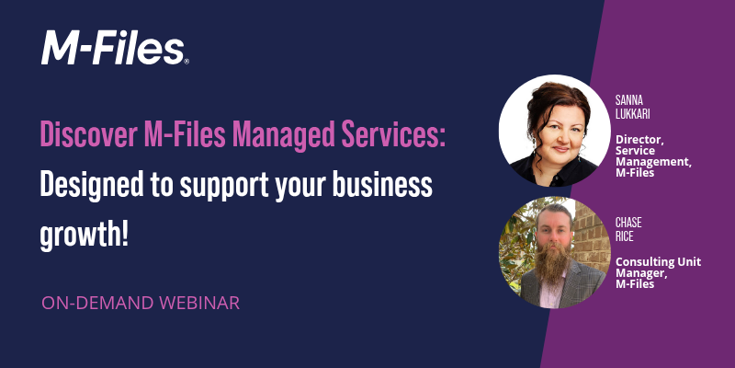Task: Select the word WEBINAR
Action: tap(199, 301)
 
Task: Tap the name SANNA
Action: tap(631, 95)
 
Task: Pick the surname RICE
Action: tap(627, 235)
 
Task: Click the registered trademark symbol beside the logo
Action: tap(187, 62)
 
